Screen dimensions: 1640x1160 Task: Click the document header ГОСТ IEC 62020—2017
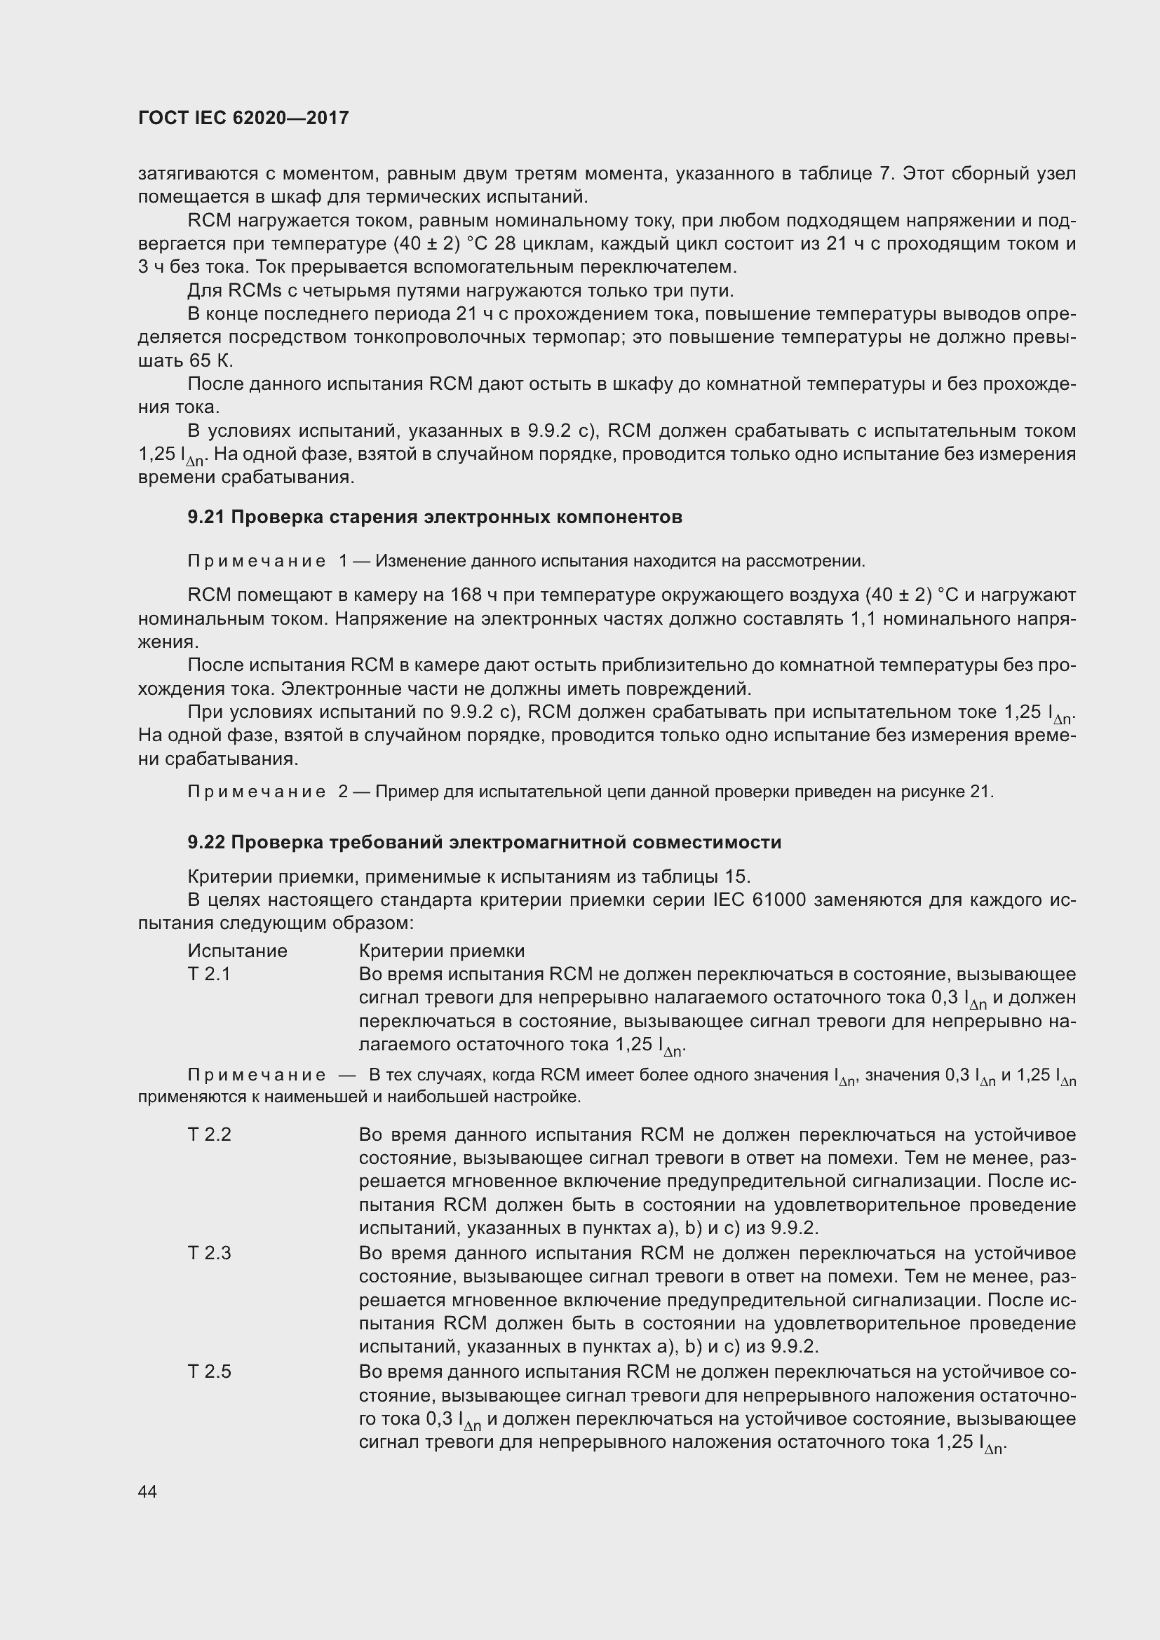tap(243, 118)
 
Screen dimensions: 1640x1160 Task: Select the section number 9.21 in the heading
tap(205, 517)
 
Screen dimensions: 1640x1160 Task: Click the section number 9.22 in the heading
tap(205, 842)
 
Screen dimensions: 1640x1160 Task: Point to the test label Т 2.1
tap(209, 975)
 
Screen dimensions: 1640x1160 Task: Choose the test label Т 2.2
tap(209, 1135)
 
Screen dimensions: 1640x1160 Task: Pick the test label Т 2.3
tap(209, 1254)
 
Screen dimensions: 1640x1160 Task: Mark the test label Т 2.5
tap(209, 1372)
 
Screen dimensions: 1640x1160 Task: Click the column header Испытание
tap(237, 951)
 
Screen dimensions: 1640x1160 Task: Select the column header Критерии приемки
tap(441, 951)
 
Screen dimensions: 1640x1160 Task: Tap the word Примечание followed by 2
tap(257, 792)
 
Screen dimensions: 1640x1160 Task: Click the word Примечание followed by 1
tap(257, 562)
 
